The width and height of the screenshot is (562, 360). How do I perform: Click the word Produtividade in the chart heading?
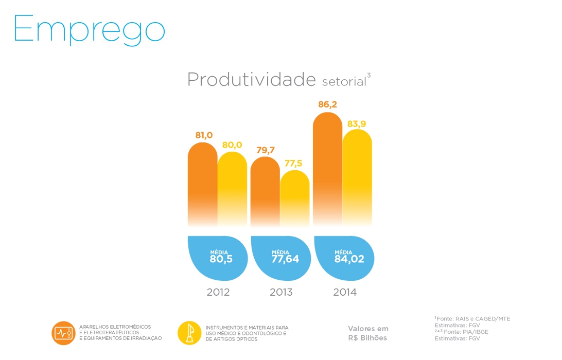tap(251, 80)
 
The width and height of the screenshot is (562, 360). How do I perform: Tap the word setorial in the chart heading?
tap(344, 81)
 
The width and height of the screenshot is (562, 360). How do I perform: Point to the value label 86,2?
tap(327, 105)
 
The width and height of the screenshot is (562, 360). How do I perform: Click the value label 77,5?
tap(293, 164)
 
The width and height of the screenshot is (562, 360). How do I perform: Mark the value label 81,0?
tap(204, 135)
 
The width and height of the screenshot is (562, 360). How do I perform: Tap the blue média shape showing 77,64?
tap(282, 257)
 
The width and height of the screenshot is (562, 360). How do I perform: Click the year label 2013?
tap(281, 293)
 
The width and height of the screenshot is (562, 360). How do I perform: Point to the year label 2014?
tap(345, 293)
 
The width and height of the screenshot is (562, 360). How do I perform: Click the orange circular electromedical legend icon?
tap(63, 333)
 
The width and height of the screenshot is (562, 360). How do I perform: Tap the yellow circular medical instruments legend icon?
tap(189, 333)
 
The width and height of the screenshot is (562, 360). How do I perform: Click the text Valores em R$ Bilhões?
tap(368, 333)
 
